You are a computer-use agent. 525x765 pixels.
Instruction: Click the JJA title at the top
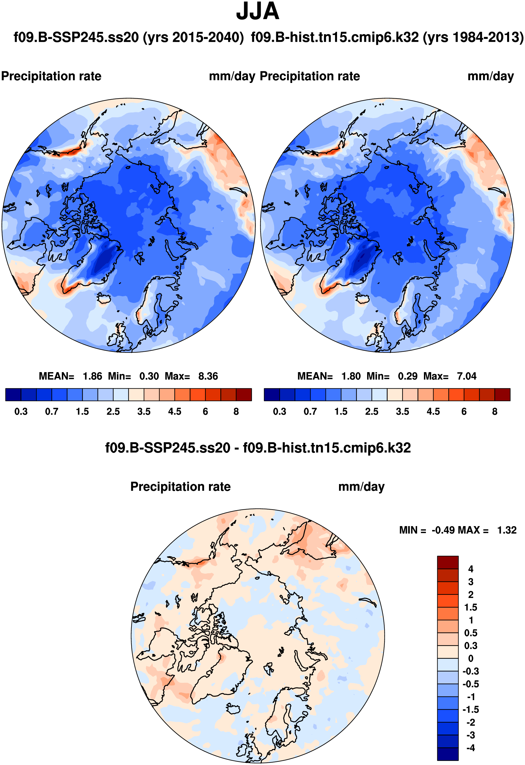[x=258, y=12]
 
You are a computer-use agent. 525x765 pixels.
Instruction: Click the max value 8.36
[x=208, y=376]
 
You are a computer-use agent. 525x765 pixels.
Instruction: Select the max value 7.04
[x=467, y=376]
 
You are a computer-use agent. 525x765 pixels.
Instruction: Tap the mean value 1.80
[x=351, y=376]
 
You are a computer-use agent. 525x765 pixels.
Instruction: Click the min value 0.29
[x=407, y=376]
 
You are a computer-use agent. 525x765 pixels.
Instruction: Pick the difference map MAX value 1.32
[x=507, y=530]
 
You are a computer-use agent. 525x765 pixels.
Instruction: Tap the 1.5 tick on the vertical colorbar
[x=470, y=607]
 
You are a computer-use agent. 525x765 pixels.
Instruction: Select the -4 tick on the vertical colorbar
[x=470, y=748]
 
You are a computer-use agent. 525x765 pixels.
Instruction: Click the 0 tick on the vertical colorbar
[x=470, y=658]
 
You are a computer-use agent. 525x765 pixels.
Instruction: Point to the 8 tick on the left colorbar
[x=236, y=411]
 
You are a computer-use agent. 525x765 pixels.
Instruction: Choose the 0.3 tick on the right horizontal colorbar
[x=280, y=411]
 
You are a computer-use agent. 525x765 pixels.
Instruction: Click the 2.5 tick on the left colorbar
[x=113, y=411]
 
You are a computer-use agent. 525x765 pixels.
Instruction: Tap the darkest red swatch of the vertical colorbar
[x=448, y=562]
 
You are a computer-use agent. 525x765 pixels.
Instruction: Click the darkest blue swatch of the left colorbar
[x=13, y=394]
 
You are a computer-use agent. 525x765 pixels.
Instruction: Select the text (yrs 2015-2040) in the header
[x=193, y=37]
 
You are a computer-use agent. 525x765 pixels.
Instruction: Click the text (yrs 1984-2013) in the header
[x=473, y=37]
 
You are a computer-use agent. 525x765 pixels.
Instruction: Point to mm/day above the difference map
[x=361, y=487]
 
